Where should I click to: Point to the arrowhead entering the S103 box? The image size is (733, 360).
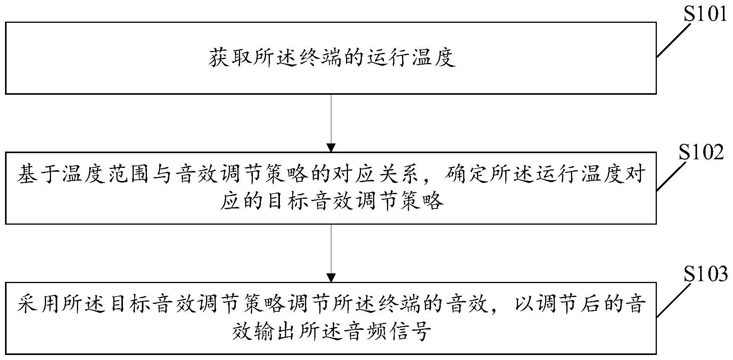point(331,278)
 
